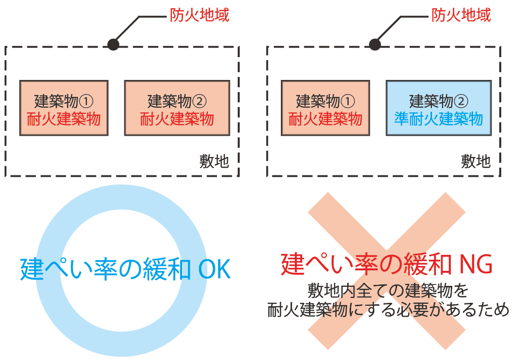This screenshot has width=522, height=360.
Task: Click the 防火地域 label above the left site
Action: [x=199, y=16]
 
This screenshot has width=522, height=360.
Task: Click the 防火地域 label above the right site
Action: [x=461, y=16]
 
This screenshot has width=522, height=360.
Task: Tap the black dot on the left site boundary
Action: [x=113, y=45]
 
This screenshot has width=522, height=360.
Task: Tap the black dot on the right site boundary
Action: [x=375, y=45]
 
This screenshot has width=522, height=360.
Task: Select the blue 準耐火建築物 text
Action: [x=438, y=119]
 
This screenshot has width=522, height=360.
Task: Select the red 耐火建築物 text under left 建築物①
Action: [x=64, y=119]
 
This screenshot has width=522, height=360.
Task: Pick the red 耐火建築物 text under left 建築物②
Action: [x=177, y=119]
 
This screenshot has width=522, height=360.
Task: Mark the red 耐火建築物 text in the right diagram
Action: [x=325, y=119]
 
